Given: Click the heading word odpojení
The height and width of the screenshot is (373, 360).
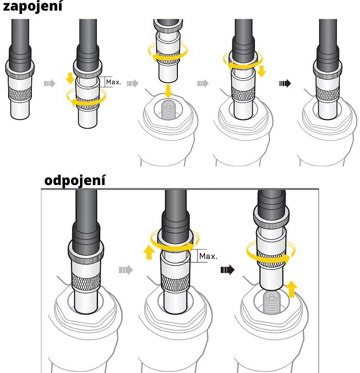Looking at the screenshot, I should pos(74,181).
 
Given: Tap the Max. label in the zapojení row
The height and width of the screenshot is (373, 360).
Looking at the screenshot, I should pos(113,82).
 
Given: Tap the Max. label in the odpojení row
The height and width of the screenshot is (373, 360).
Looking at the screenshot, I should pos(208,255).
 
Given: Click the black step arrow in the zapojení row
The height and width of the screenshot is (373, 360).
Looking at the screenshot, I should pos(285,83).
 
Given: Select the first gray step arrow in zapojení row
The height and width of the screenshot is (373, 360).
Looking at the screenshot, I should pos(50,83).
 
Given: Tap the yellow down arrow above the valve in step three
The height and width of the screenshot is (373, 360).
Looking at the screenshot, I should pos(168,91).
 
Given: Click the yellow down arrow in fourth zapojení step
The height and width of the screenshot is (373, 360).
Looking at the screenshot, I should pos(262,72).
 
